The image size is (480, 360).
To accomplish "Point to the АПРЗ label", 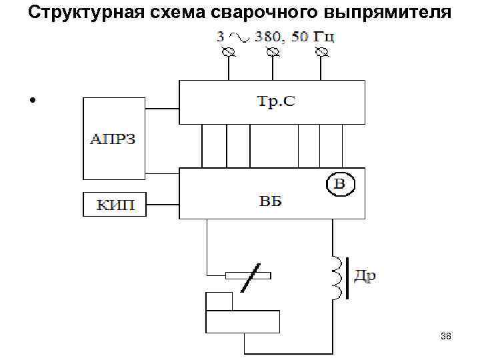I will [x=113, y=140].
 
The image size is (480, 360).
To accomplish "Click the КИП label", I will [x=113, y=205].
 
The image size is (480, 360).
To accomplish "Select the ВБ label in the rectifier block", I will [x=271, y=201].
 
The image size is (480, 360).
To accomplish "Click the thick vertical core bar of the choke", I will [x=346, y=277].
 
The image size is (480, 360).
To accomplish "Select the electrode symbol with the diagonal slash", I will [x=247, y=275].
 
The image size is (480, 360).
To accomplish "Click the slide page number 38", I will [x=446, y=337].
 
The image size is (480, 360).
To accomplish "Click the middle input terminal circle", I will [x=272, y=52].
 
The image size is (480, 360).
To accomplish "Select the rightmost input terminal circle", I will [x=322, y=52].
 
